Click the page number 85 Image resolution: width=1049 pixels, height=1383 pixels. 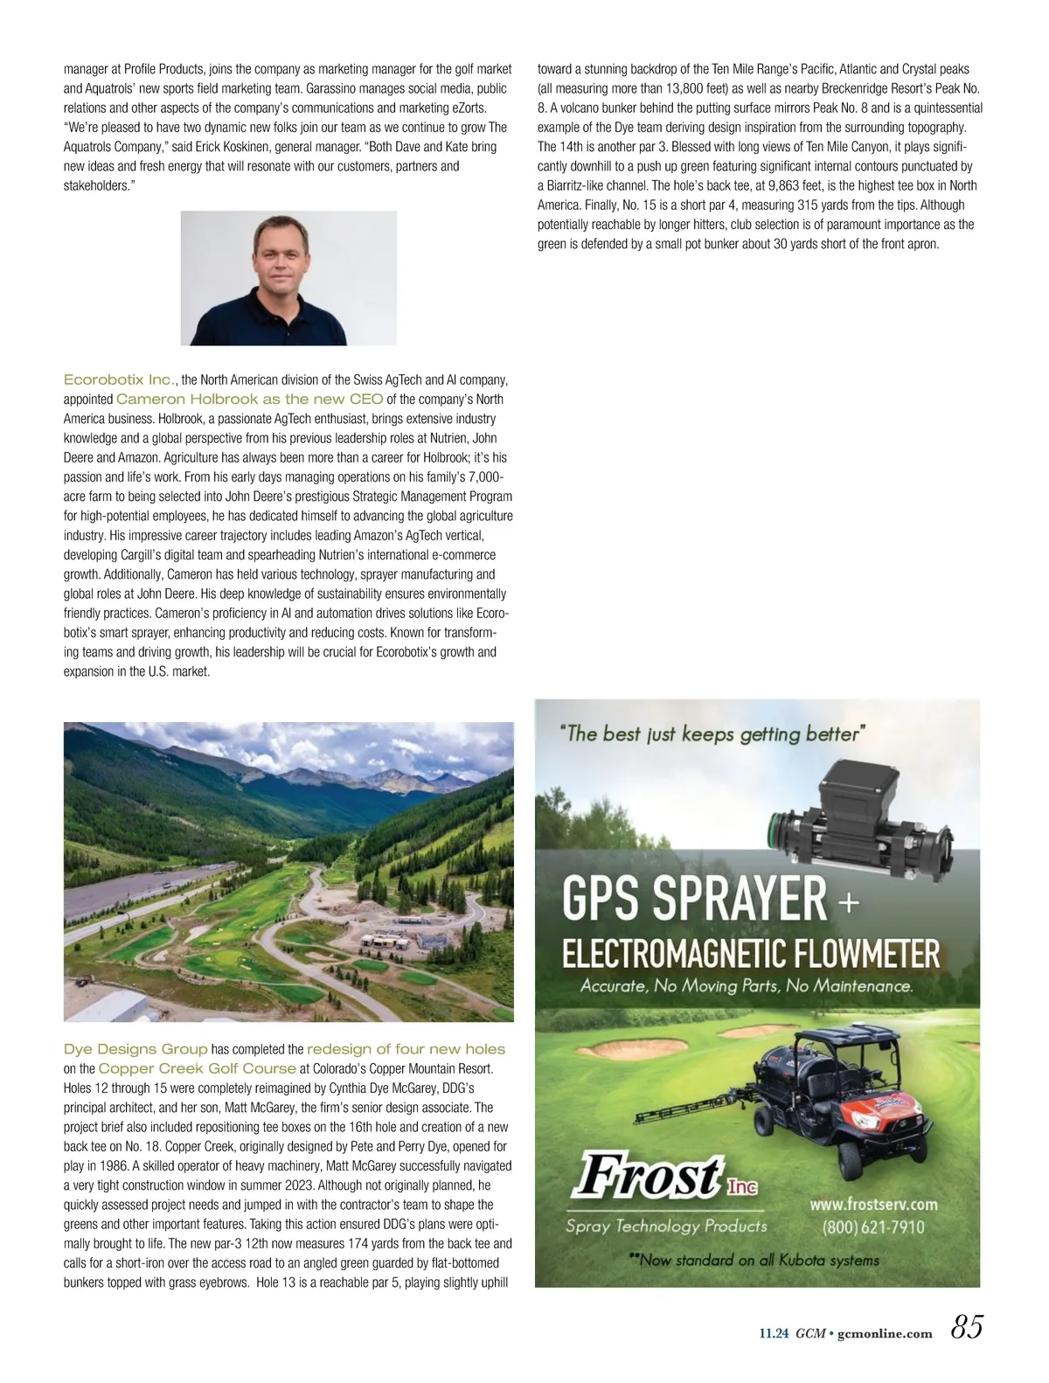pyautogui.click(x=966, y=1327)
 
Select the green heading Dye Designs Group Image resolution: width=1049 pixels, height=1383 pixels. pyautogui.click(x=135, y=1049)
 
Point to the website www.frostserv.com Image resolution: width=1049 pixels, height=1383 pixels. pyautogui.click(x=872, y=1204)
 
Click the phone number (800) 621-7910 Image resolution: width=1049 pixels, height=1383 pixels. pyautogui.click(x=872, y=1227)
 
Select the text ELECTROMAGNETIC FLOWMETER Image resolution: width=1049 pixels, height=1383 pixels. pyautogui.click(x=750, y=954)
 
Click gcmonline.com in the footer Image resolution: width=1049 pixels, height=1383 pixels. pyautogui.click(x=885, y=1333)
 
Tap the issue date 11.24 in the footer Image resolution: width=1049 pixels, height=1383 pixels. pyautogui.click(x=774, y=1333)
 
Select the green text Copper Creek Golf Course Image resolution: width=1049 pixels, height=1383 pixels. pyautogui.click(x=197, y=1068)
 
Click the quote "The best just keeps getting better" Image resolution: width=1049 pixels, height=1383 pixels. pyautogui.click(x=712, y=733)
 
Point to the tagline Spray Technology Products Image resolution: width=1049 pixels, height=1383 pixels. pyautogui.click(x=666, y=1226)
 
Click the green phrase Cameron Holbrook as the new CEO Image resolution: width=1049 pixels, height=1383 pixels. pyautogui.click(x=249, y=399)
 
